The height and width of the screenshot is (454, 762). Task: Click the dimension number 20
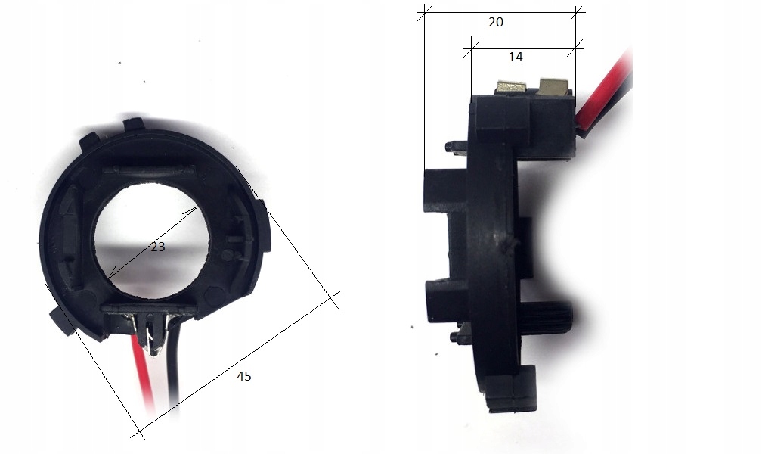495,23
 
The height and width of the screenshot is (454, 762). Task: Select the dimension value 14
516,58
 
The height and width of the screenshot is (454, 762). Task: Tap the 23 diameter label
157,247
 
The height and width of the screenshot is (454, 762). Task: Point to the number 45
243,376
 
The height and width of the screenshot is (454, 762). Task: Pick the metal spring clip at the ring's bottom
154,333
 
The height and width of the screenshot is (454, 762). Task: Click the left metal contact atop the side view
510,89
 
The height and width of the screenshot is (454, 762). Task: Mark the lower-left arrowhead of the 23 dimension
110,277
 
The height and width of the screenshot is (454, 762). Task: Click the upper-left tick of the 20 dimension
426,11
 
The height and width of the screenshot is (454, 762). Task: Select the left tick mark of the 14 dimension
471,49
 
